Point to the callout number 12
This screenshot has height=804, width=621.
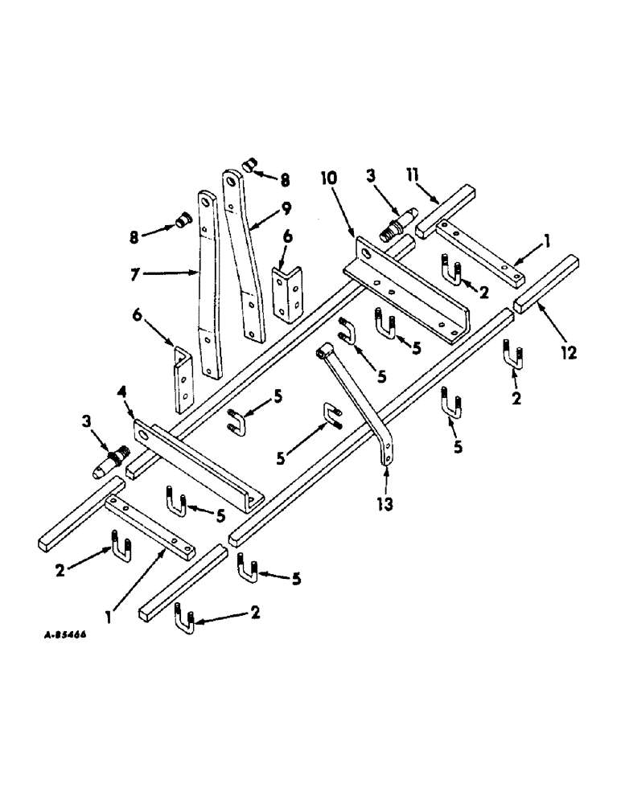click(x=568, y=353)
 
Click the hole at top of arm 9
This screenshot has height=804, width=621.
click(x=234, y=181)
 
